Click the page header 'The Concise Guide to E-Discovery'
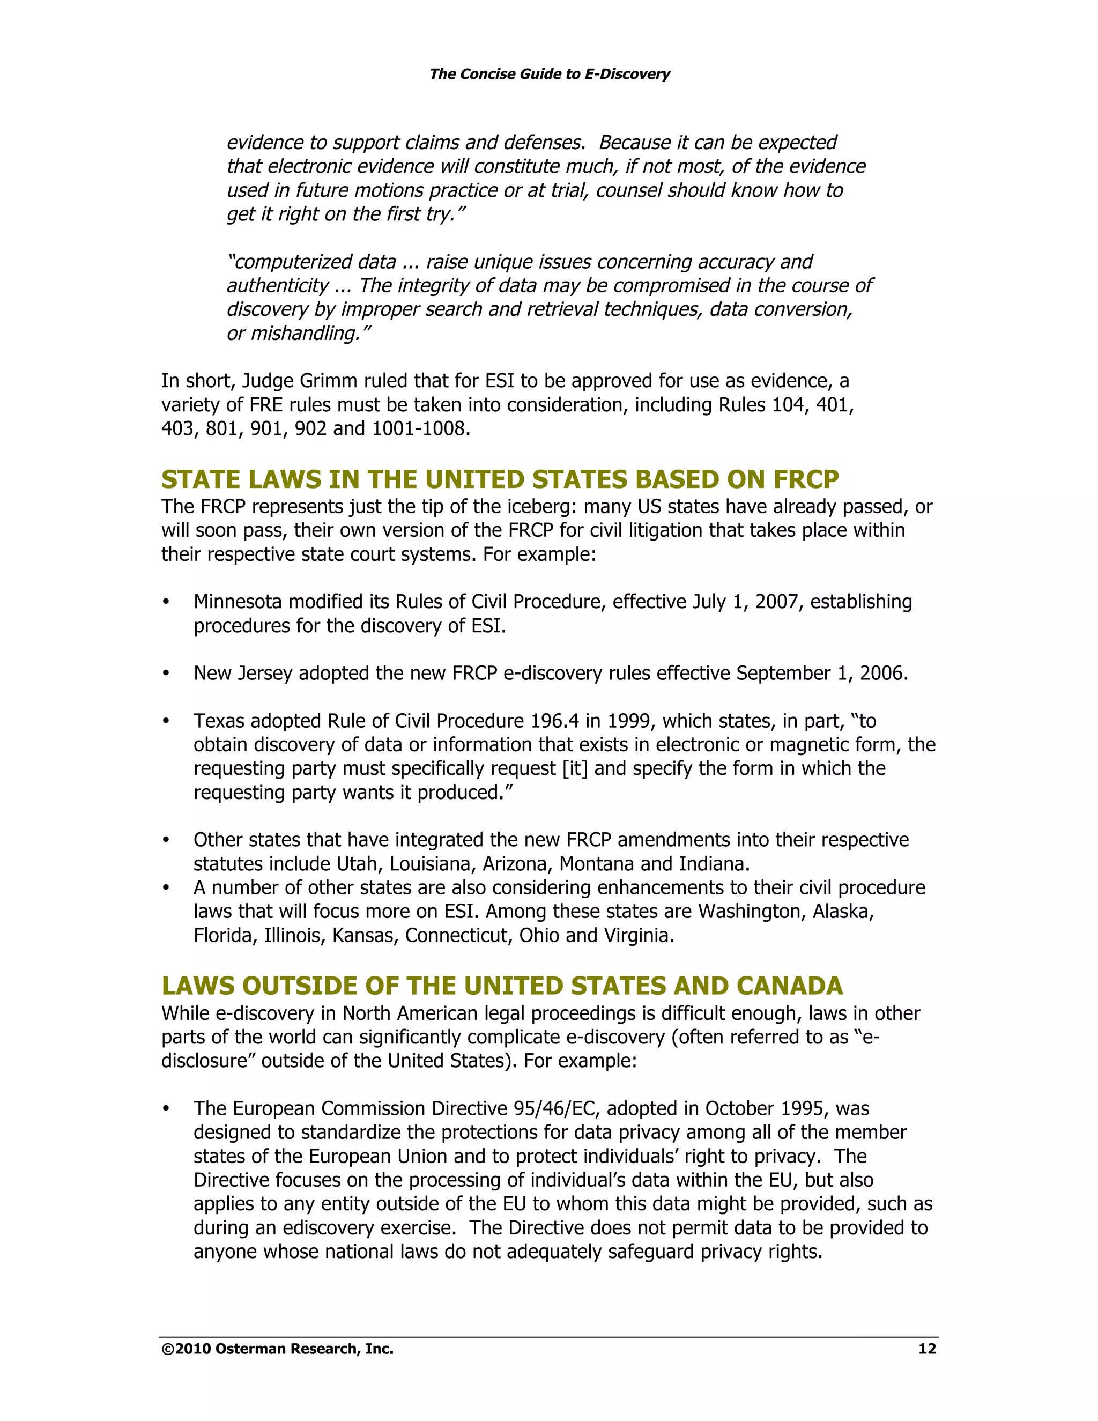pyautogui.click(x=549, y=74)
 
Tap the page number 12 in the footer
pyautogui.click(x=926, y=1349)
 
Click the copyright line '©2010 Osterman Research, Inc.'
pyautogui.click(x=277, y=1349)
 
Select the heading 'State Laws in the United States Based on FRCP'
pyautogui.click(x=500, y=479)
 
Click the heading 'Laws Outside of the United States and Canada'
pyautogui.click(x=501, y=986)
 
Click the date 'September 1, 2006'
pyautogui.click(x=821, y=674)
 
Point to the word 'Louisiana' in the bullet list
pyautogui.click(x=427, y=864)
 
